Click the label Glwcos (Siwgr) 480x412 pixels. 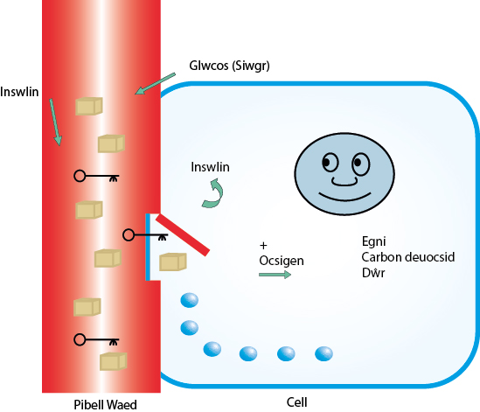point(229,66)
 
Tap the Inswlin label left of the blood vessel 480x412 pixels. point(19,92)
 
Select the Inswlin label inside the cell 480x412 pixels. point(210,167)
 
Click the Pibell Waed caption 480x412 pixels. point(105,405)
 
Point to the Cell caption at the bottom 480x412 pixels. point(296,402)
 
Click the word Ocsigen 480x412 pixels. point(282,261)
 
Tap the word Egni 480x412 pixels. point(373,241)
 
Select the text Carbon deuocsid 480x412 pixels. point(408,257)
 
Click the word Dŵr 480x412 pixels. point(373,273)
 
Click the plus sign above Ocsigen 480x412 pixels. point(263,245)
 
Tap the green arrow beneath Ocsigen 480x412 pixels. point(275,275)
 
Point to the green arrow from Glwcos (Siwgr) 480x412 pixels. point(156,84)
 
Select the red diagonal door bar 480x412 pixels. point(183,235)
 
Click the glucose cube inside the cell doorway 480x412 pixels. point(173,262)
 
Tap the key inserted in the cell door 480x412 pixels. point(145,235)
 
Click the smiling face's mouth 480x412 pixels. point(344,197)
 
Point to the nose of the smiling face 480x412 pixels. point(344,181)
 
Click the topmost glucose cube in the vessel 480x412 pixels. point(89,106)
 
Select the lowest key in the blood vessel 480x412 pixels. point(96,340)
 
